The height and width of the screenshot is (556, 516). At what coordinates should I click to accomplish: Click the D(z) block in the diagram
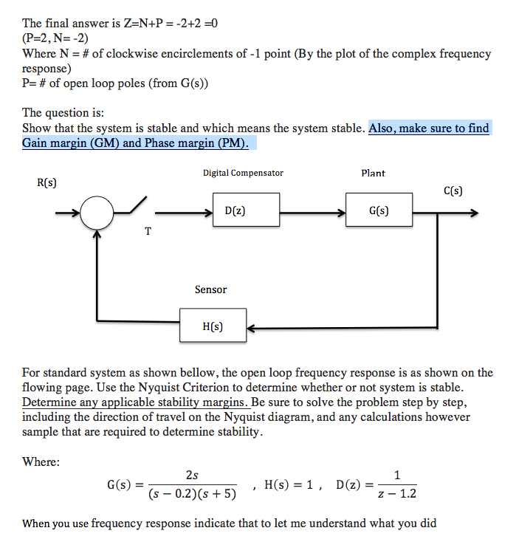(x=246, y=210)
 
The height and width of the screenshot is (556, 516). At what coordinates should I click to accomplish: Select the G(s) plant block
(x=379, y=210)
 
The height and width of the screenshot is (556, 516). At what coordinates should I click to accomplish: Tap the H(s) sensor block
(x=213, y=325)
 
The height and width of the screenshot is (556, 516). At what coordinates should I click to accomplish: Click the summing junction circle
(x=96, y=213)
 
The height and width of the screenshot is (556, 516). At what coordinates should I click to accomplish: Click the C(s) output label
(x=453, y=191)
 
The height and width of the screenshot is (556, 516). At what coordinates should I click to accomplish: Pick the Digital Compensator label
(x=243, y=173)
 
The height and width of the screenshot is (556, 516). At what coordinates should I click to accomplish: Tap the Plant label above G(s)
(x=373, y=173)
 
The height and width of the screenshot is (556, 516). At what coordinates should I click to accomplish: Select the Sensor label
(x=210, y=289)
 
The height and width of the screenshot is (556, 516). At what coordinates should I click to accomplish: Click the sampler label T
(x=148, y=232)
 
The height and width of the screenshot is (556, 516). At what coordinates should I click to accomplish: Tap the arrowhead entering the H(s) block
(x=251, y=325)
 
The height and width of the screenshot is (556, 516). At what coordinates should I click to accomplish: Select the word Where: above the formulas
(x=41, y=461)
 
